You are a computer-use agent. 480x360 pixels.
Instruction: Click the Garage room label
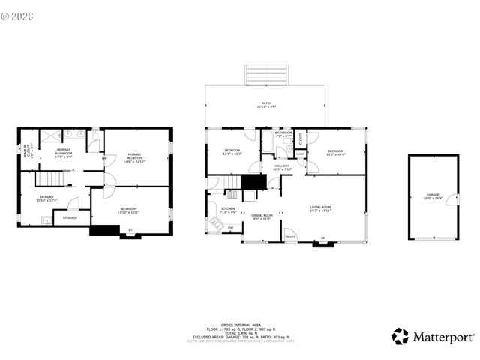(x=433, y=196)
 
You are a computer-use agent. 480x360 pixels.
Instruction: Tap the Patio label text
(x=265, y=104)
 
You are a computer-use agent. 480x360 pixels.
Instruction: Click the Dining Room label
(x=262, y=217)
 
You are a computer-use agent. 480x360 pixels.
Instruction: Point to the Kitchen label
(x=228, y=211)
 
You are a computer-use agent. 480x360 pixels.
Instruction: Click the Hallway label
(x=281, y=167)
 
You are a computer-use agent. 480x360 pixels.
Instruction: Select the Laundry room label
(x=46, y=199)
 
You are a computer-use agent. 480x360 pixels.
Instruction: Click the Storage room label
(x=70, y=218)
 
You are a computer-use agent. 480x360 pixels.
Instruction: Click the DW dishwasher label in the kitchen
(x=231, y=227)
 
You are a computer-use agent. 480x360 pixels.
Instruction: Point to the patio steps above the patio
(x=265, y=75)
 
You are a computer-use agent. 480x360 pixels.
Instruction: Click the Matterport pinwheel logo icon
(x=400, y=337)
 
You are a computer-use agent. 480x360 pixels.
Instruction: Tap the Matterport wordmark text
(x=443, y=337)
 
